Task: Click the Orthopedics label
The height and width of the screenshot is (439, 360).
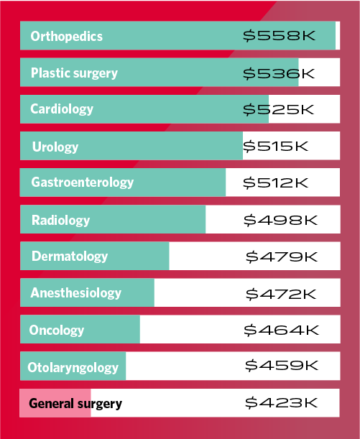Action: [66, 36]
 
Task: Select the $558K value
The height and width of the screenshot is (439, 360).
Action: [279, 36]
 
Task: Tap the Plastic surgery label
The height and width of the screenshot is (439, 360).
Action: [74, 73]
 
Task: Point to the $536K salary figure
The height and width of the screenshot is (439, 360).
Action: [279, 73]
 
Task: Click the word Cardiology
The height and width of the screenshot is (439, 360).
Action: [62, 109]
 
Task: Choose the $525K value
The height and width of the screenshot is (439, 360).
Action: [279, 110]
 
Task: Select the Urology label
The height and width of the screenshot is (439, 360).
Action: [55, 147]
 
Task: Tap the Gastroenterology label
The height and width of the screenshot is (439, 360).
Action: [82, 182]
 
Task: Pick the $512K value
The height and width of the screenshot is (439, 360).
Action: [276, 183]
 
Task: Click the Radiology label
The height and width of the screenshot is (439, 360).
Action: [60, 221]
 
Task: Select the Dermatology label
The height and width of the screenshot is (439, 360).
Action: [69, 256]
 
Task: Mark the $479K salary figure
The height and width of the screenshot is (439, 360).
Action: [281, 257]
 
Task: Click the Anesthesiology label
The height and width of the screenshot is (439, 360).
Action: [75, 292]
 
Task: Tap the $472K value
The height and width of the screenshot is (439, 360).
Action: [281, 293]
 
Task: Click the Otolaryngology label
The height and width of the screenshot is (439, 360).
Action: [73, 367]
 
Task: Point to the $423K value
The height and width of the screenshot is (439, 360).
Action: [281, 403]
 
